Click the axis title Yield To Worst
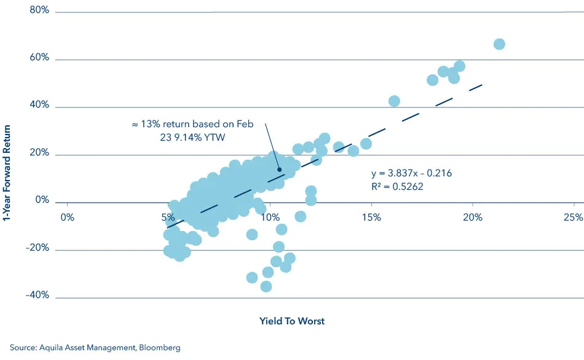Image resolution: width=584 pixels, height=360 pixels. [293, 321]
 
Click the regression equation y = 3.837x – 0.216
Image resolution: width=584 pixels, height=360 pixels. [411, 173]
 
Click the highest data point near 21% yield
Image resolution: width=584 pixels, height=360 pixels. [499, 44]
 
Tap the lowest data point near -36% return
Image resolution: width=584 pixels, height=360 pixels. [266, 286]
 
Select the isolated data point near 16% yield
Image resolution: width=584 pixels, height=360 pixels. [394, 101]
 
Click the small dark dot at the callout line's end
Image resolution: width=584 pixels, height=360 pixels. [279, 170]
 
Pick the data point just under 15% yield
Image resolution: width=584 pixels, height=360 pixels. [366, 144]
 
